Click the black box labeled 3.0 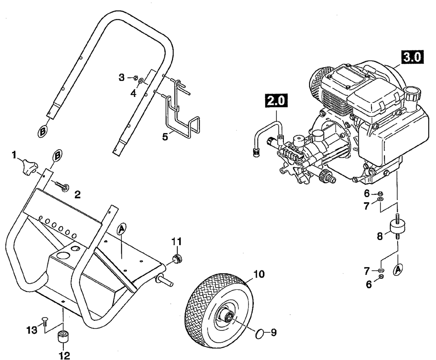[411, 58]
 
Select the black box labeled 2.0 [276, 100]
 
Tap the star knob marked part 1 [29, 167]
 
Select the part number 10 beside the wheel [259, 274]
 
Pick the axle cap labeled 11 [177, 259]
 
